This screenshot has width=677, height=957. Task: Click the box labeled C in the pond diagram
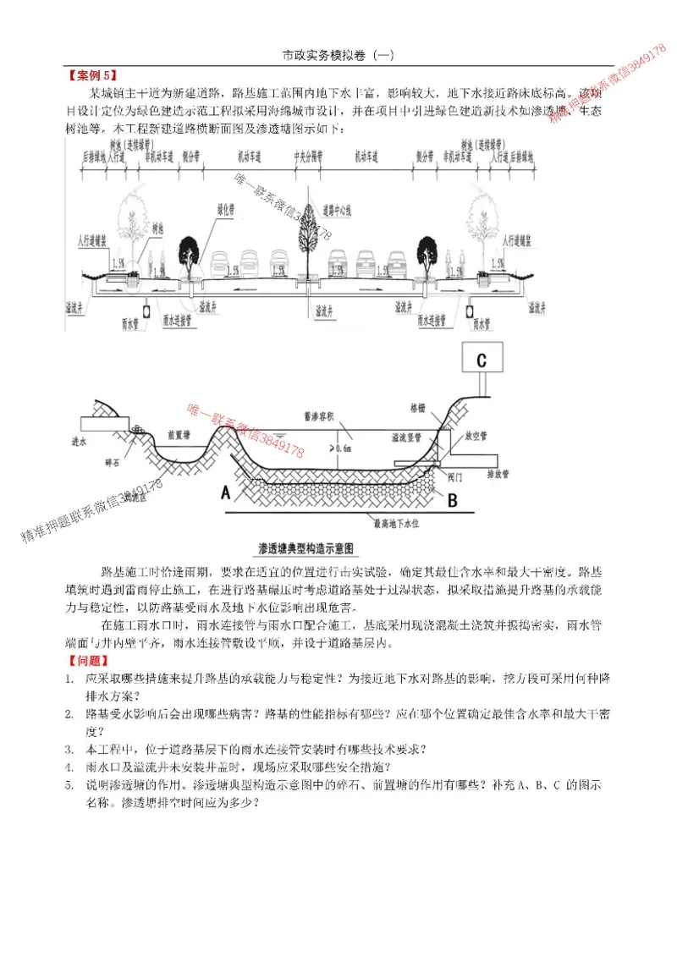tap(481, 360)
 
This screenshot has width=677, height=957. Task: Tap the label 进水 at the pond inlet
tap(80, 441)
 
